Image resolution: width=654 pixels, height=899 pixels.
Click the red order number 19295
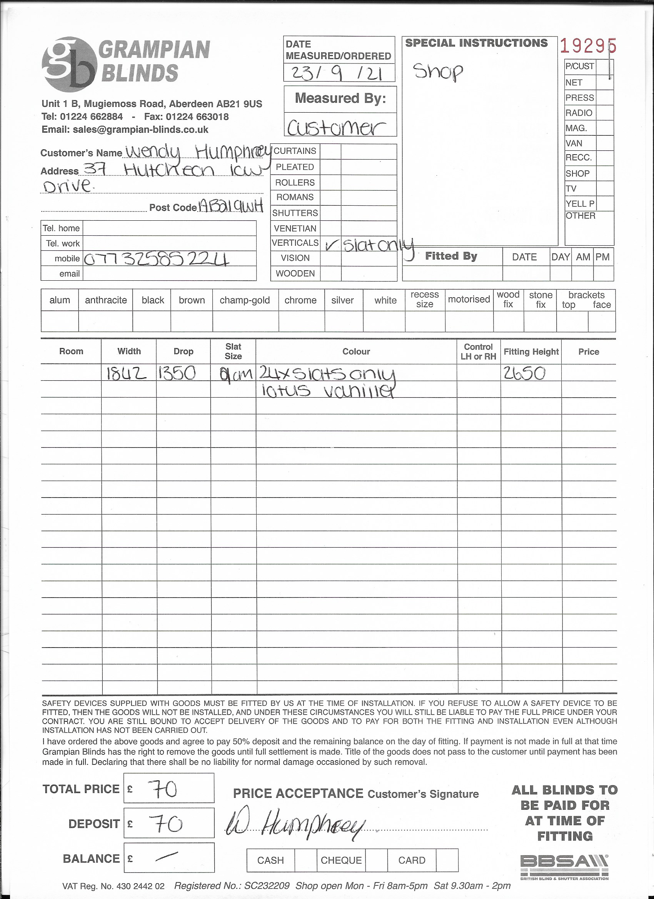(x=588, y=47)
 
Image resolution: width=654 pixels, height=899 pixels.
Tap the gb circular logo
(x=69, y=64)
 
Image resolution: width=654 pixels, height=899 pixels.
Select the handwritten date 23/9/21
(x=337, y=73)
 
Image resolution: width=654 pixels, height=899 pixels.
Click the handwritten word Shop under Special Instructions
(x=438, y=72)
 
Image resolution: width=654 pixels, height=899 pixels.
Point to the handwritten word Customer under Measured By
(x=336, y=128)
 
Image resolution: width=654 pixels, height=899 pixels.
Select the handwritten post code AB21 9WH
(x=231, y=206)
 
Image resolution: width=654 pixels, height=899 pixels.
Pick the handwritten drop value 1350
(x=177, y=373)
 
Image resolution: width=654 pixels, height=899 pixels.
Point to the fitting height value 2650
(x=524, y=373)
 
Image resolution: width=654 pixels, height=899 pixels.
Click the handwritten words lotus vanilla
(x=328, y=391)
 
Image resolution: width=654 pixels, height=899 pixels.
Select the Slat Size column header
(x=233, y=351)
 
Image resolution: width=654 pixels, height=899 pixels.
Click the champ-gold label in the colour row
(x=245, y=300)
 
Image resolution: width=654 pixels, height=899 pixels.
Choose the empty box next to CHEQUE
(x=376, y=860)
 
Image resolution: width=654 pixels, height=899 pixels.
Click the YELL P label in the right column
(x=580, y=204)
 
